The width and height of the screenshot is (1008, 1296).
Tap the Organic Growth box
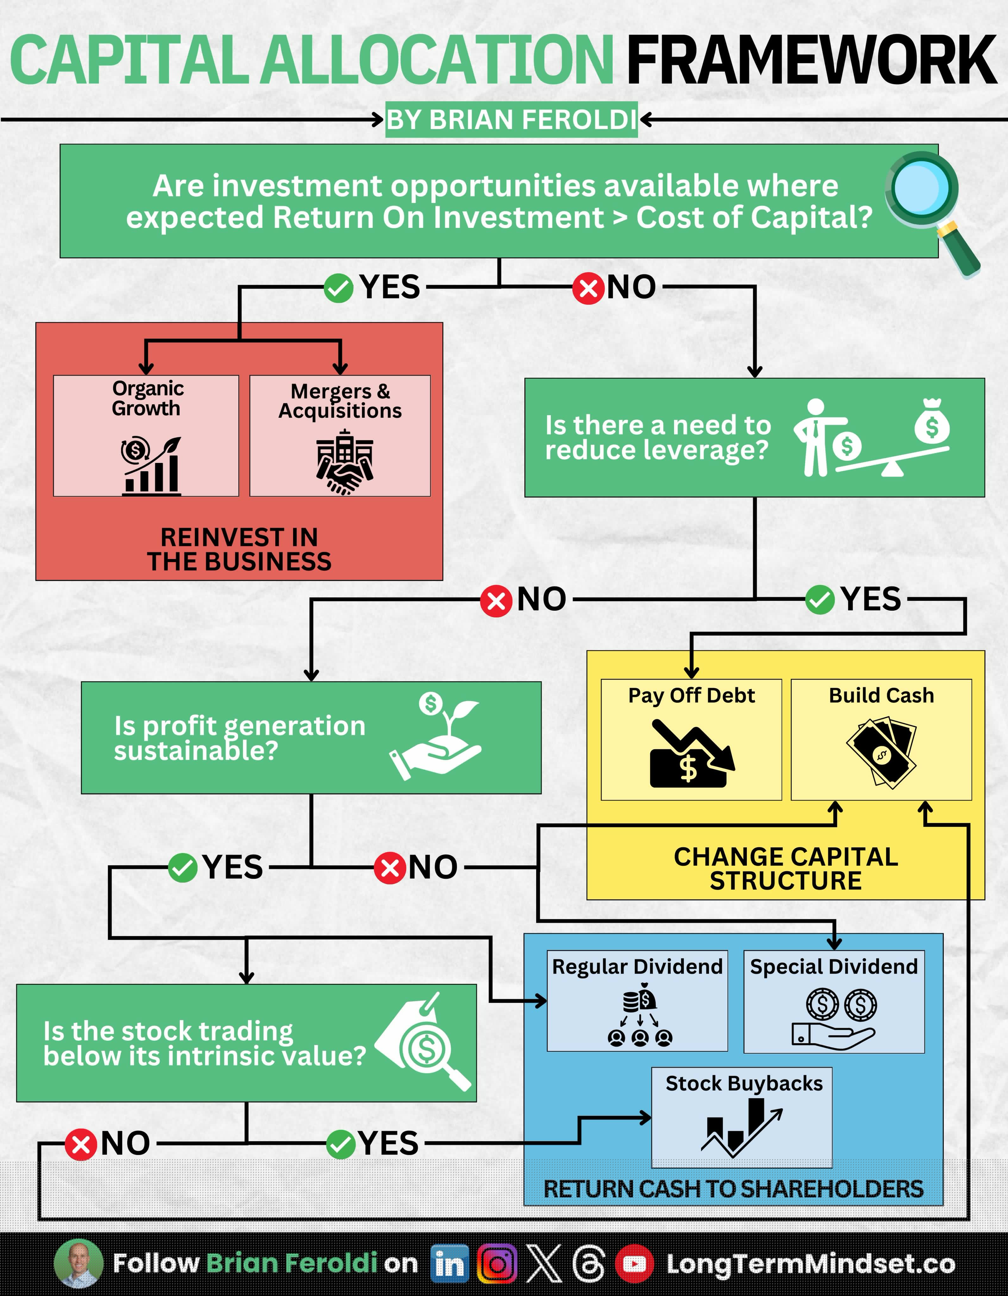click(x=146, y=436)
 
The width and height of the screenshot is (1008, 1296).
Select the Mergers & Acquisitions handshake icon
click(x=344, y=462)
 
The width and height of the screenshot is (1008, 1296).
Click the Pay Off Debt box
click(x=691, y=739)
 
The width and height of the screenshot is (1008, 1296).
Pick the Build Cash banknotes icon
click(x=881, y=752)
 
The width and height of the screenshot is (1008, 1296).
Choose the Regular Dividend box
click(x=637, y=1000)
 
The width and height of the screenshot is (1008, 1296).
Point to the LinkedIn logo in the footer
click(x=449, y=1264)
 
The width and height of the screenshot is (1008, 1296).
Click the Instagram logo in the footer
click(x=497, y=1264)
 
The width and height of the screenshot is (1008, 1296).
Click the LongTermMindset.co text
click(x=810, y=1264)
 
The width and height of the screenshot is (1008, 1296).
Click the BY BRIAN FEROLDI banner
click(x=511, y=120)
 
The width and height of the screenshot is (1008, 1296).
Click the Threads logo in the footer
click(x=589, y=1264)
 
